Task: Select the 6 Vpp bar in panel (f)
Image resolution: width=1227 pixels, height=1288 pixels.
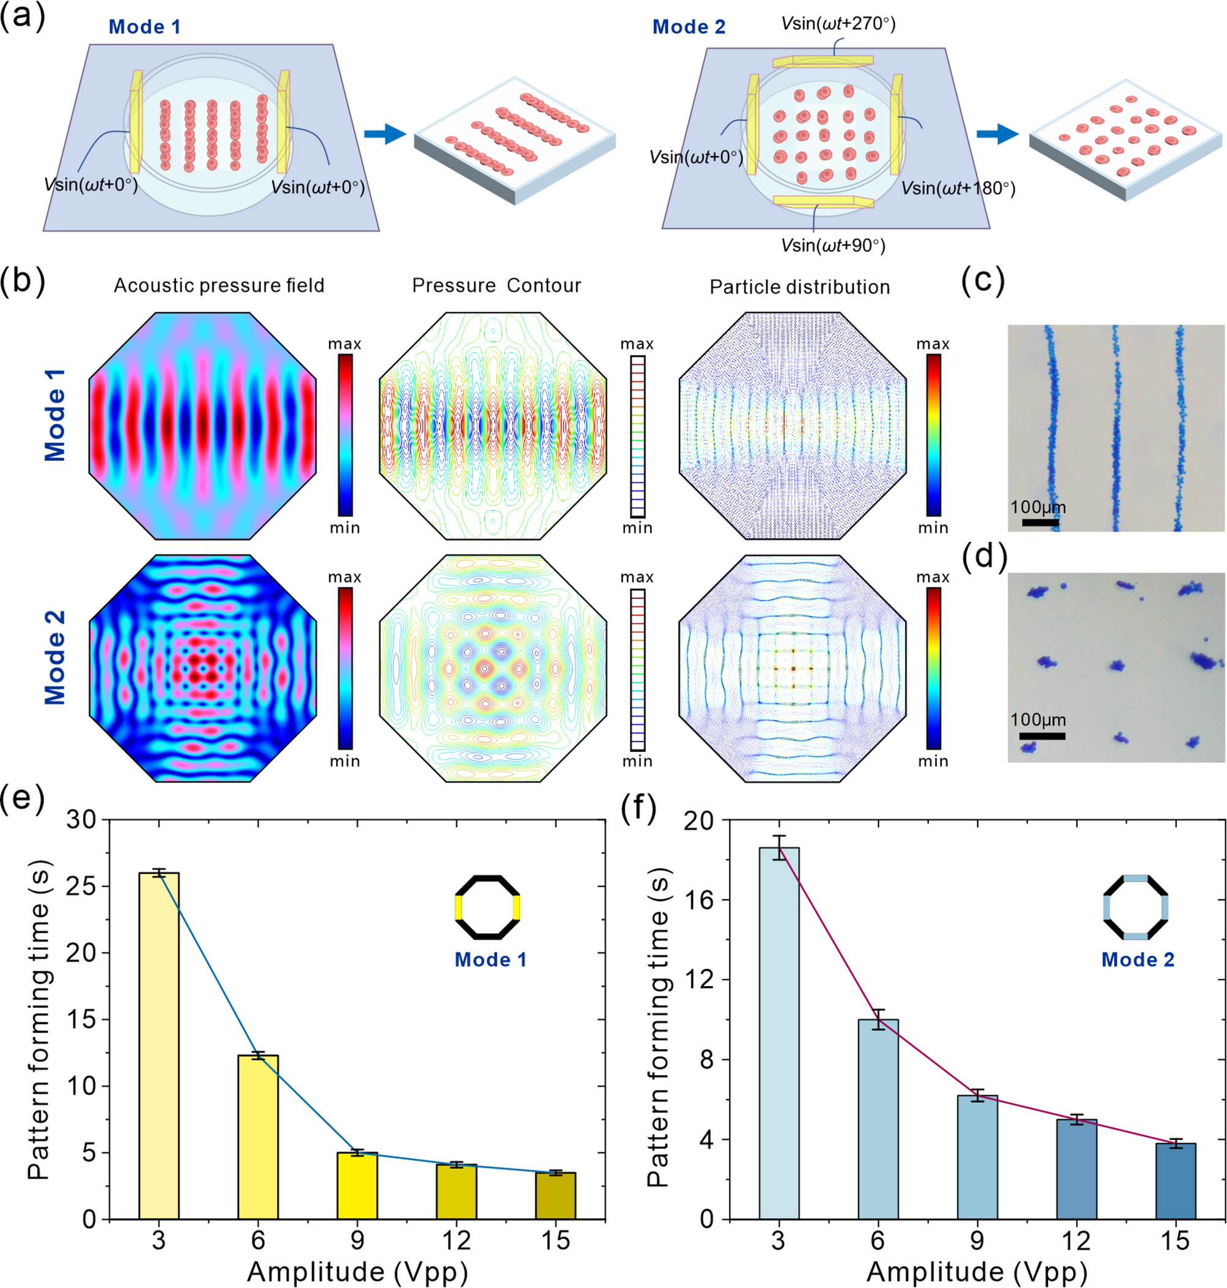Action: click(877, 1119)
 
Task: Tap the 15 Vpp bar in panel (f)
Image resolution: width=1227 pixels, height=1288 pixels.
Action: click(1174, 1181)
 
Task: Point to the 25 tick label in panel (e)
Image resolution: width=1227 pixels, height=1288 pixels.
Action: click(81, 886)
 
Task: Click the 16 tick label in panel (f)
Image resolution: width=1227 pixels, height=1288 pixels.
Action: click(698, 900)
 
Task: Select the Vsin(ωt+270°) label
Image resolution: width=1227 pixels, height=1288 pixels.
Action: click(838, 24)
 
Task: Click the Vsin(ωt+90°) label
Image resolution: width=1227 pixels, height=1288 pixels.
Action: click(833, 245)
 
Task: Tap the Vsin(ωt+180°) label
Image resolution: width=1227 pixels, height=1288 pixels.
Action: click(958, 188)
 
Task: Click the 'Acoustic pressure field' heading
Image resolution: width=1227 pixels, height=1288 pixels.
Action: click(219, 286)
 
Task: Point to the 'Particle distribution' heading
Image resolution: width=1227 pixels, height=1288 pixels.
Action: click(799, 287)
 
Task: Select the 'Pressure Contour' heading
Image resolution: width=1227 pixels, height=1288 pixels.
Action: click(496, 286)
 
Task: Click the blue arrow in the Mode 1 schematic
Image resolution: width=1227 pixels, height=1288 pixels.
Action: click(384, 134)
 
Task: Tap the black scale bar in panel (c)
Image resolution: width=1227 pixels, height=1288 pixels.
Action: click(1040, 522)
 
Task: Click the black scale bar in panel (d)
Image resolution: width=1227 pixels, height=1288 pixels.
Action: click(1042, 736)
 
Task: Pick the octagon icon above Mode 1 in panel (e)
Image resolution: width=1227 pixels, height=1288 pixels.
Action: click(487, 907)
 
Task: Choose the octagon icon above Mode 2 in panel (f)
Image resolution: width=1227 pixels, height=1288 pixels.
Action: click(1135, 907)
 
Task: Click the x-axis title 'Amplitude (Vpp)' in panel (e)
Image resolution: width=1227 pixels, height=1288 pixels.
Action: click(357, 1270)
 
